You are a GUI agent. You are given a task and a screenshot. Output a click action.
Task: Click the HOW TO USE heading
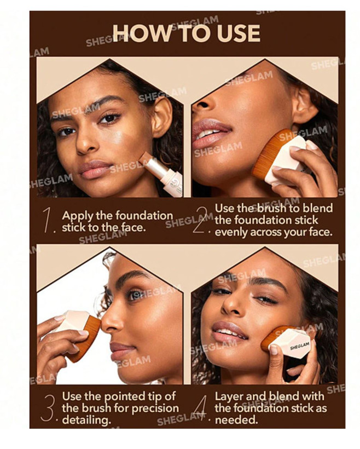pyautogui.click(x=187, y=33)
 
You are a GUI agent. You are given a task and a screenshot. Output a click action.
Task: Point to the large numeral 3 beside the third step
pyautogui.click(x=48, y=408)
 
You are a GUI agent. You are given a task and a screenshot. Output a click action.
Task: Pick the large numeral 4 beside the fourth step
pyautogui.click(x=201, y=407)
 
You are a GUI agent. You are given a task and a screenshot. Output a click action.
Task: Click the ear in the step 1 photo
pyautogui.click(x=162, y=117)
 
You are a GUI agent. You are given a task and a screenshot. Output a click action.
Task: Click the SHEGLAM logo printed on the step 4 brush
pyautogui.click(x=300, y=346)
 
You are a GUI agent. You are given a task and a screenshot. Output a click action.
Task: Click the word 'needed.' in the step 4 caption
pyautogui.click(x=236, y=420)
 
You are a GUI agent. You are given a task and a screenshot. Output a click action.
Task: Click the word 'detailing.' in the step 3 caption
pyautogui.click(x=86, y=421)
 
